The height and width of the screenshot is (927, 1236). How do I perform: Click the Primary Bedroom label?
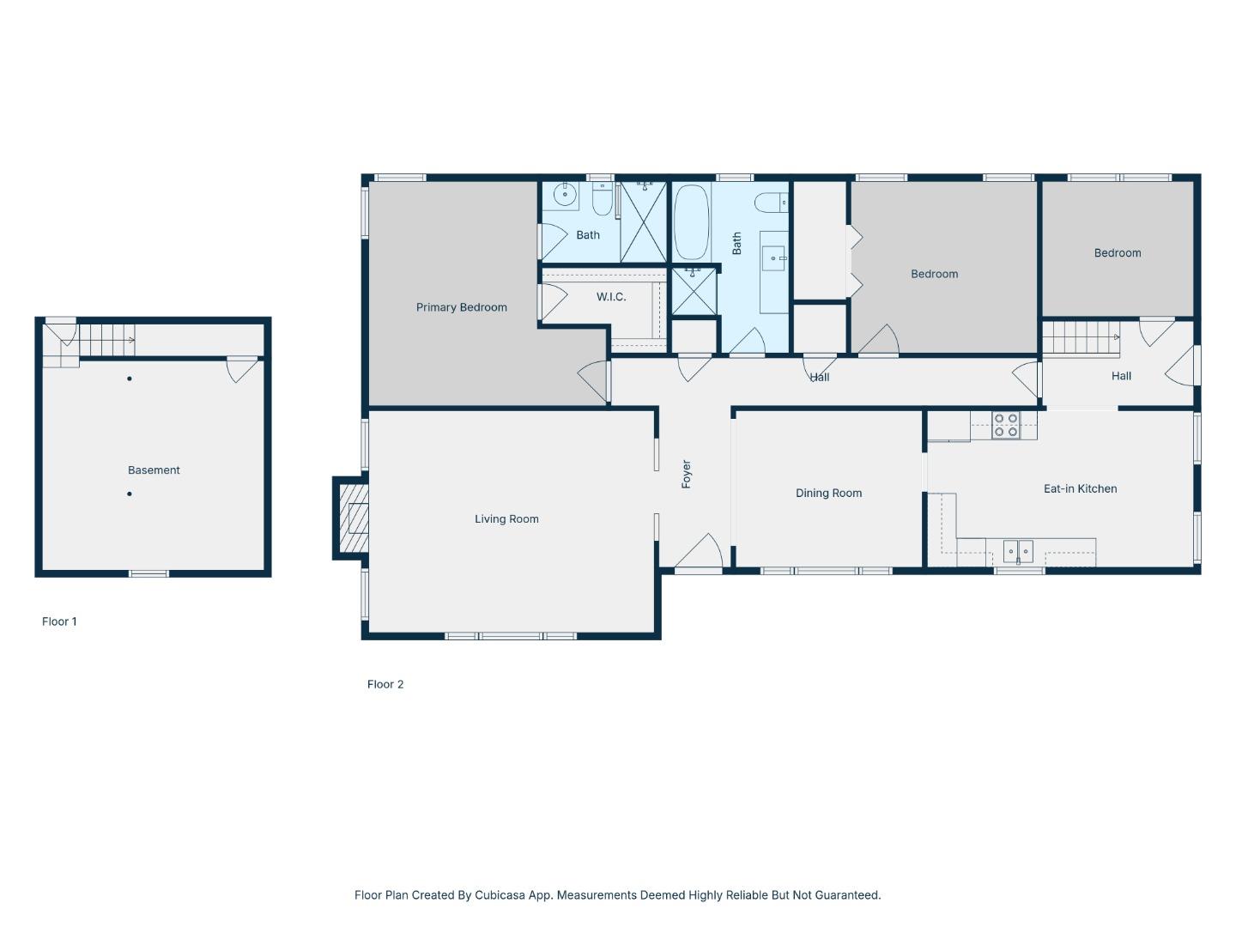pyautogui.click(x=461, y=307)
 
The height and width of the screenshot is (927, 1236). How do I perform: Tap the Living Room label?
pyautogui.click(x=506, y=518)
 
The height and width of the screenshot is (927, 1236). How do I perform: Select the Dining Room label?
pyautogui.click(x=828, y=493)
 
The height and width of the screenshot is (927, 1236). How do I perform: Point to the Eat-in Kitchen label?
pyautogui.click(x=1080, y=488)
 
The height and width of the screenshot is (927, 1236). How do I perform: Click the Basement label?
pyautogui.click(x=154, y=470)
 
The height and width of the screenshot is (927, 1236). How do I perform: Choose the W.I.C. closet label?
pyautogui.click(x=611, y=297)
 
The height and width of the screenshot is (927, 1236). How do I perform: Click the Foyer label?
pyautogui.click(x=686, y=474)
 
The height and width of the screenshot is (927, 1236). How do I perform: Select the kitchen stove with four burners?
pyautogui.click(x=1005, y=425)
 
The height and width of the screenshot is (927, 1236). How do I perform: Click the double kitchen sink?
pyautogui.click(x=1018, y=550)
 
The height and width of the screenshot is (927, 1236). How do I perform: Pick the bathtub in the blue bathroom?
pyautogui.click(x=691, y=222)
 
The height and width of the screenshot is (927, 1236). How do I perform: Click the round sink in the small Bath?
pyautogui.click(x=565, y=195)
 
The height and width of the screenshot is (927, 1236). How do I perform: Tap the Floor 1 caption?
pyautogui.click(x=59, y=621)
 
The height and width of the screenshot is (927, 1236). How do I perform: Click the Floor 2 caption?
pyautogui.click(x=385, y=684)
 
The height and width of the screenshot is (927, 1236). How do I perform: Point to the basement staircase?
pyautogui.click(x=106, y=339)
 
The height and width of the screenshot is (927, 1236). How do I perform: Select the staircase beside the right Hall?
pyautogui.click(x=1081, y=336)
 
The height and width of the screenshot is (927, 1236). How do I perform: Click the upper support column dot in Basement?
pyautogui.click(x=130, y=379)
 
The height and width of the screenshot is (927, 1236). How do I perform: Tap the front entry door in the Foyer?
pyautogui.click(x=699, y=554)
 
